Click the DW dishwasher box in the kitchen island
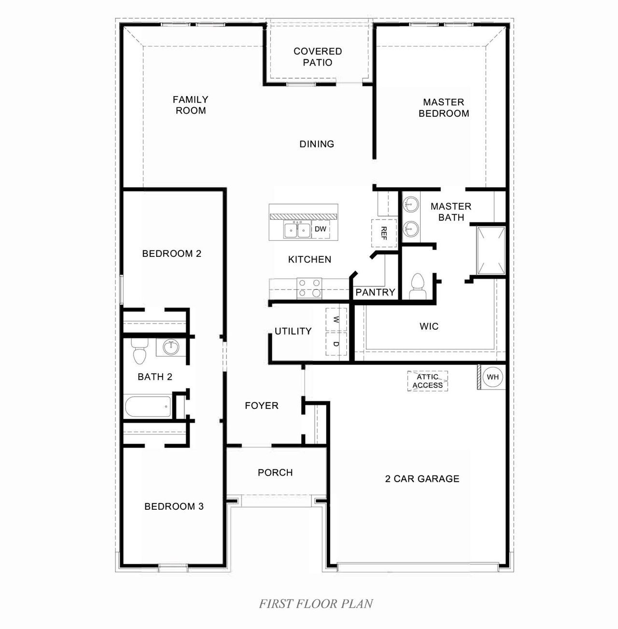click(321, 229)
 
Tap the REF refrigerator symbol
click(384, 233)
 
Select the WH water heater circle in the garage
click(492, 377)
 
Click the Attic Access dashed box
click(427, 381)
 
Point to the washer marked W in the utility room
click(336, 320)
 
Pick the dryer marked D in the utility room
click(336, 344)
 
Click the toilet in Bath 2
click(140, 351)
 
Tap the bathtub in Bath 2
click(148, 407)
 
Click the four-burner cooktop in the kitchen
click(309, 288)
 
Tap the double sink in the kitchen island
click(297, 230)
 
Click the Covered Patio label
click(318, 57)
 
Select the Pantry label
click(375, 292)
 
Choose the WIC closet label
click(429, 326)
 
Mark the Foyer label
click(262, 405)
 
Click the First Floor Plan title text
click(316, 603)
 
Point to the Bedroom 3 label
click(174, 506)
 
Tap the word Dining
click(317, 144)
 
